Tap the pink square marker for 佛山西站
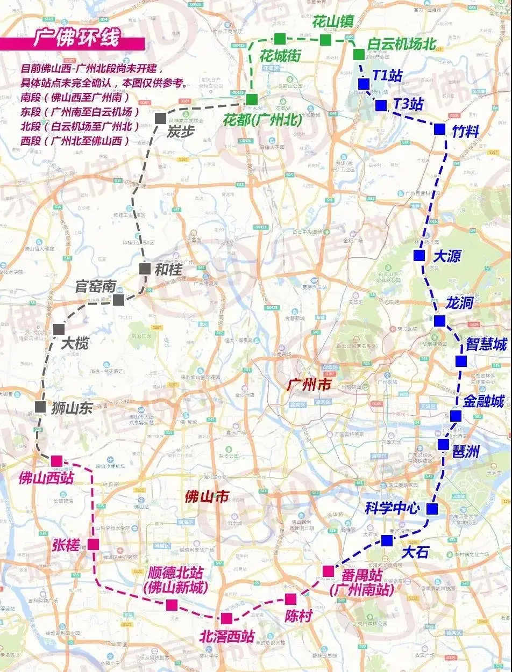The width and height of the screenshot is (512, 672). click(x=56, y=461)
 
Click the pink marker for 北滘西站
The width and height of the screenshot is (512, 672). click(x=226, y=618)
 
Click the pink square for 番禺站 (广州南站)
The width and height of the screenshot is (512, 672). click(x=328, y=570)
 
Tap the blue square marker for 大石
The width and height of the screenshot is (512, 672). click(x=387, y=540)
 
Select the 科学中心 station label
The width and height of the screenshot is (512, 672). click(x=392, y=508)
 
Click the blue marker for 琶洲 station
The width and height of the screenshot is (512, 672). click(x=443, y=444)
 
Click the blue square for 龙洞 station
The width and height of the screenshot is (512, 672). click(x=439, y=321)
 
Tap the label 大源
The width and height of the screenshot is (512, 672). click(x=447, y=256)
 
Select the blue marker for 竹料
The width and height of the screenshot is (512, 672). click(x=439, y=129)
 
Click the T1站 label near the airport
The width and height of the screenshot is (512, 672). click(x=387, y=75)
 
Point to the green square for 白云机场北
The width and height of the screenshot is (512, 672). click(x=359, y=54)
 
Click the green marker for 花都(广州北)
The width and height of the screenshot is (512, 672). click(x=252, y=99)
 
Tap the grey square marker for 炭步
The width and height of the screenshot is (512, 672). click(x=160, y=118)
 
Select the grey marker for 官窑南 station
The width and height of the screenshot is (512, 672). click(x=118, y=299)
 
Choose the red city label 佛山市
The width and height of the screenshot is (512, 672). click(x=206, y=496)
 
